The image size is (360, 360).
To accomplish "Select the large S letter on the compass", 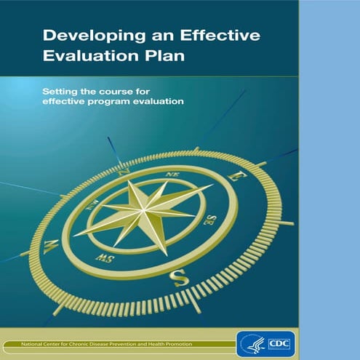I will (x=180, y=276).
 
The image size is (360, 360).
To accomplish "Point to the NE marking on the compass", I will (x=173, y=175).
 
